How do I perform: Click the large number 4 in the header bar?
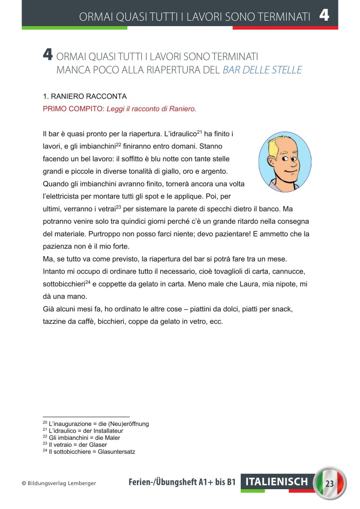point(324,16)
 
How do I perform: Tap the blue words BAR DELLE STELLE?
point(262,70)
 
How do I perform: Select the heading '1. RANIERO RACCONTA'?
point(85,97)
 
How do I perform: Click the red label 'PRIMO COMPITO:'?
point(73,109)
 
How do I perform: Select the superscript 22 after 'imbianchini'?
point(119,144)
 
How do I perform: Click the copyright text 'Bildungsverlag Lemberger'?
point(62,483)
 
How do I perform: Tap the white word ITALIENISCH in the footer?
point(277,482)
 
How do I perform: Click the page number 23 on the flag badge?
point(329,484)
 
